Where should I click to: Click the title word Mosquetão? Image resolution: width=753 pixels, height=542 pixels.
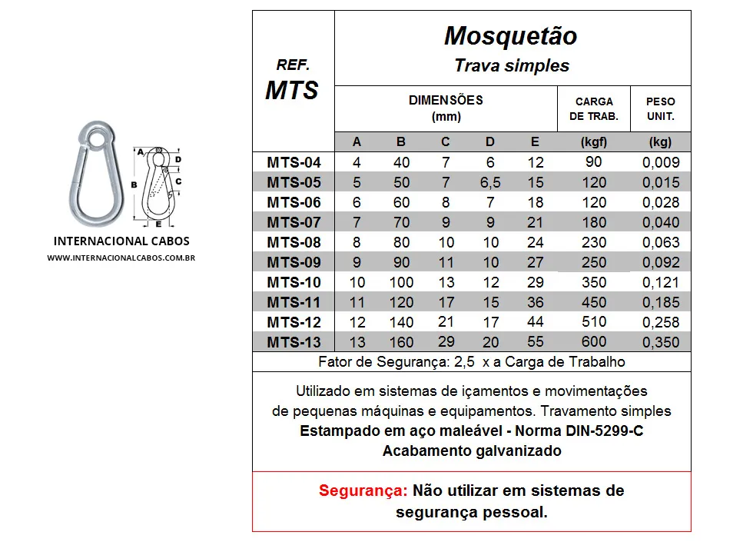click(510, 36)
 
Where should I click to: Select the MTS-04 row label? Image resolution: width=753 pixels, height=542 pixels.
click(294, 162)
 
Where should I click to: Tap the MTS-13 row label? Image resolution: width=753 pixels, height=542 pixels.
click(294, 342)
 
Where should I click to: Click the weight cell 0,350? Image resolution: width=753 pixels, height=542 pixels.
click(660, 342)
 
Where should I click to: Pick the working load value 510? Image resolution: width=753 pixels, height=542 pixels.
click(593, 321)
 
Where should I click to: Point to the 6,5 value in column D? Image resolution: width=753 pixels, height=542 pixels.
click(489, 183)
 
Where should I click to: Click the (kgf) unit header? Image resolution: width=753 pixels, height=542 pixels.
click(593, 141)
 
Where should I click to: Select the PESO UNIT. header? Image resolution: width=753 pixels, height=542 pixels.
click(660, 109)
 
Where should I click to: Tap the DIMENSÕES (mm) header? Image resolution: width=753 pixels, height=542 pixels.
click(446, 108)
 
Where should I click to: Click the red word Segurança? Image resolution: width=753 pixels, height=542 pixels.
click(363, 490)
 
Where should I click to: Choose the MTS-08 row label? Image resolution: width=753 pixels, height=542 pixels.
click(294, 242)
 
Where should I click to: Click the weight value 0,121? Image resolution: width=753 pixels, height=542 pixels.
click(660, 283)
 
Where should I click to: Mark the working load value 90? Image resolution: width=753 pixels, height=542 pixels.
click(593, 162)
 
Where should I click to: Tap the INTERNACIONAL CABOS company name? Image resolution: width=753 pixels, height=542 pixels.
click(121, 241)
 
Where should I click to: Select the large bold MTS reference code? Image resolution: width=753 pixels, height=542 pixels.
click(292, 90)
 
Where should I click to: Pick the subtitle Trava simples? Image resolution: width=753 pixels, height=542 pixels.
click(511, 65)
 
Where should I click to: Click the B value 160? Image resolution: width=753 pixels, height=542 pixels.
click(401, 342)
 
